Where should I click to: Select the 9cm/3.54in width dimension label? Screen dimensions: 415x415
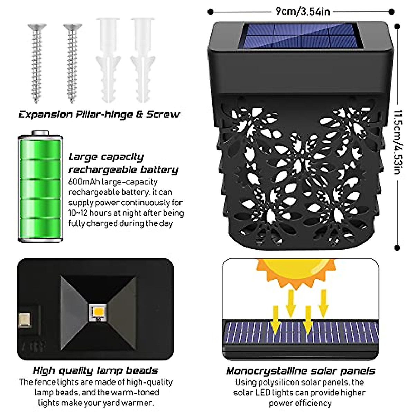coord(303,12)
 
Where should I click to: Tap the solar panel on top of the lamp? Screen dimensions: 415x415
coord(302,36)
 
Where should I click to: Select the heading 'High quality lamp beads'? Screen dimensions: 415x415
coord(95,371)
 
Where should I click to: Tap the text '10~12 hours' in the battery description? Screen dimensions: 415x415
coord(91,213)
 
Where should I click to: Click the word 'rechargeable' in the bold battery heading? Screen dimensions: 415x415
coord(98,170)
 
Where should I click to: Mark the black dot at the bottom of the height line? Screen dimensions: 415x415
coord(397,248)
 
